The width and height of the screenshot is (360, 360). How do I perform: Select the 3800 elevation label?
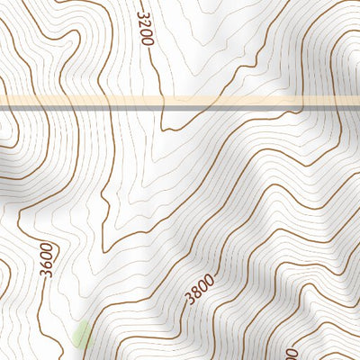coord(201,289)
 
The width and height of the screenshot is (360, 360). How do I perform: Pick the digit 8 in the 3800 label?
coord(197,292)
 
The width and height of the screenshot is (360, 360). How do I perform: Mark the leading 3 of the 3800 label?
coord(190,299)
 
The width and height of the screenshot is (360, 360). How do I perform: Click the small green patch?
coord(81,336)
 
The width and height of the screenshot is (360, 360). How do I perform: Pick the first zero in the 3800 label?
coord(204,285)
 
